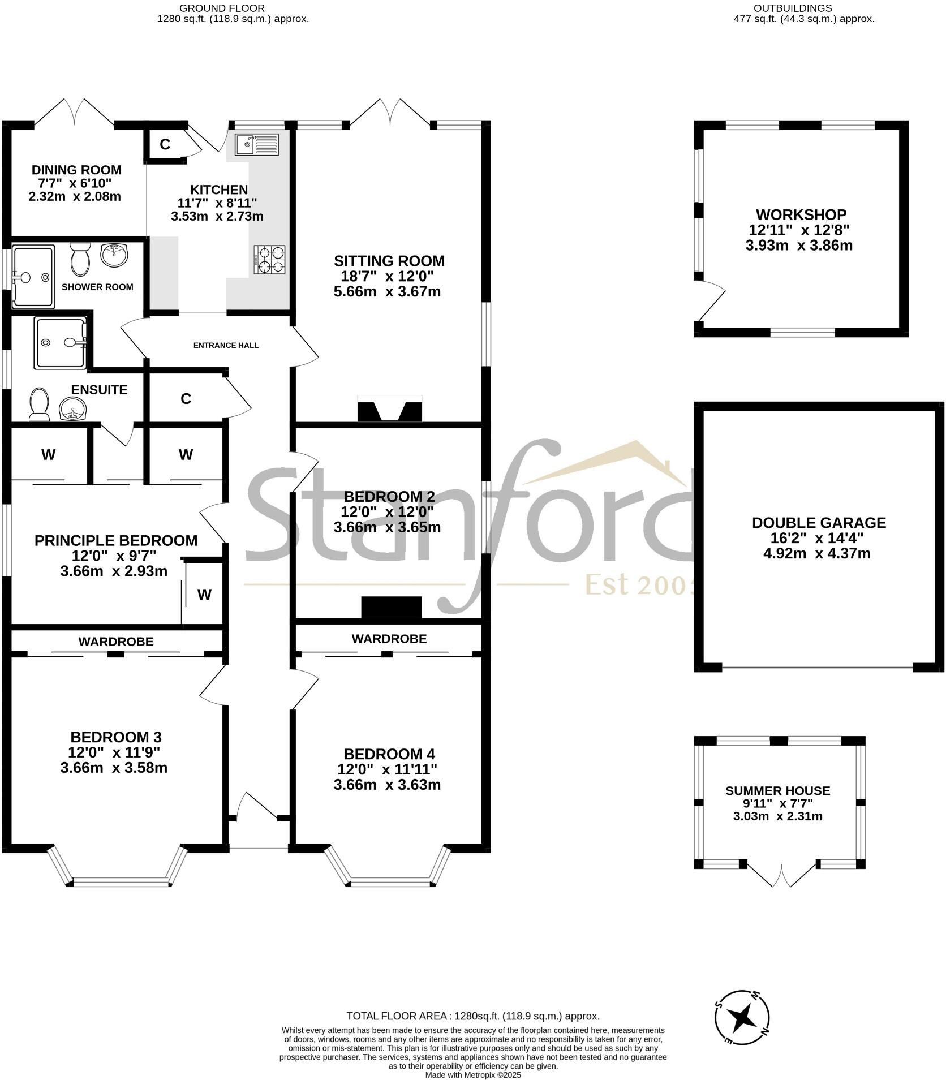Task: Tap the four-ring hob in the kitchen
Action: click(269, 260)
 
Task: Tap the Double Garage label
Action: click(818, 523)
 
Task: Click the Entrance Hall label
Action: click(226, 345)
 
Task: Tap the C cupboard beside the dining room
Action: click(165, 144)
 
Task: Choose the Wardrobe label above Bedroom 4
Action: click(389, 639)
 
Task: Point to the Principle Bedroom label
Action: click(116, 540)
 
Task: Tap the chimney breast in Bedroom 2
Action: click(392, 608)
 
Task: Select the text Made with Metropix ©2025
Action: click(472, 1075)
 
